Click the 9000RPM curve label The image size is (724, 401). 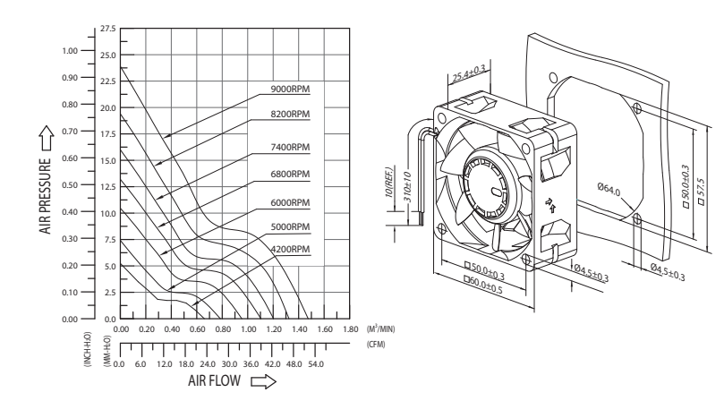pos(291,90)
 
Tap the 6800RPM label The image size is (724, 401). pos(291,173)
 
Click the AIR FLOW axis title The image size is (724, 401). pos(216,380)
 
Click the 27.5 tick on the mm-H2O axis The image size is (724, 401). pos(109,30)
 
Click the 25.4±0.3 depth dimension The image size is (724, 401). pos(467,73)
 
